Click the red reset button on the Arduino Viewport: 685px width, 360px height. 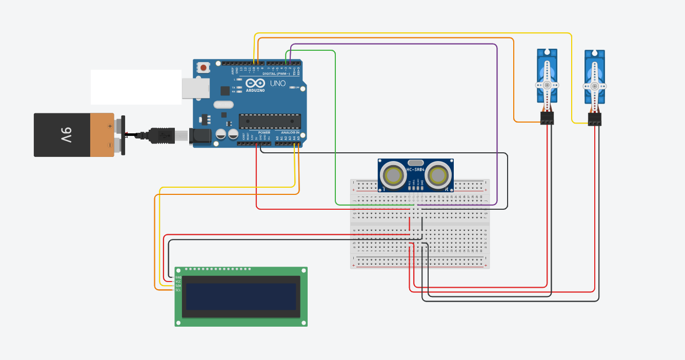(x=204, y=68)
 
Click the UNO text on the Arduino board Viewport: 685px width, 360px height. (x=277, y=84)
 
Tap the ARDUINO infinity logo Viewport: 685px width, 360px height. (x=255, y=84)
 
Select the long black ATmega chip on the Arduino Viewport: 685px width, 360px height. (x=270, y=121)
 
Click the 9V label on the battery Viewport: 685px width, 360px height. (x=66, y=135)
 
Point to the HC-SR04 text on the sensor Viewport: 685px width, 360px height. (x=416, y=169)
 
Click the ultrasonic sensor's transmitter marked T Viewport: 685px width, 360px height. (x=393, y=175)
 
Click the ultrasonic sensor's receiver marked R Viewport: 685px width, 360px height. (x=438, y=175)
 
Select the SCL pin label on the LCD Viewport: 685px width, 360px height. (x=178, y=290)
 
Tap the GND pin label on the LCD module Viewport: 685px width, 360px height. (x=178, y=277)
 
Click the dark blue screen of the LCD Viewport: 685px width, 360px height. (x=241, y=296)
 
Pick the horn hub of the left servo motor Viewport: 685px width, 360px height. (x=547, y=85)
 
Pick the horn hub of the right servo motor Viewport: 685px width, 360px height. (x=595, y=86)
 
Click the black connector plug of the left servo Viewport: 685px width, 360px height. (x=547, y=118)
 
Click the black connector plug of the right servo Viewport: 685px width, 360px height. (x=595, y=119)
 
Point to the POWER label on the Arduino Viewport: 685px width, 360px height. (x=264, y=132)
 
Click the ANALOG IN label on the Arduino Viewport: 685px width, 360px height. (x=291, y=132)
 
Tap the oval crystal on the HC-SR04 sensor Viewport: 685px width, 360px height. (x=416, y=162)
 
